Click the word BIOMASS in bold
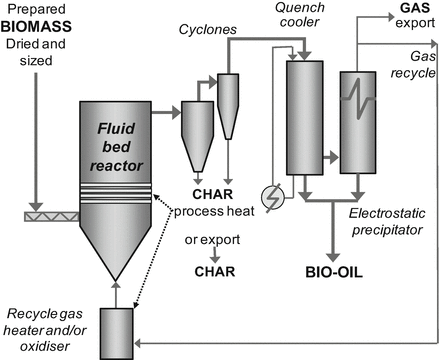click(x=36, y=27)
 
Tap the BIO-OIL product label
click(x=334, y=272)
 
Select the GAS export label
click(x=415, y=15)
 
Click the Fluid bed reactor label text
click(x=116, y=147)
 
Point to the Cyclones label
click(x=208, y=30)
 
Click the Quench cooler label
click(x=300, y=15)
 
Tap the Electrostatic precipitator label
click(x=387, y=222)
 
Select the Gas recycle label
click(x=413, y=64)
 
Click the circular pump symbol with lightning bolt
click(x=273, y=198)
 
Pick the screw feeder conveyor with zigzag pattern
click(x=52, y=217)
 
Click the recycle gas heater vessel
click(x=117, y=334)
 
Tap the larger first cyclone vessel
click(x=198, y=136)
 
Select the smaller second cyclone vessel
click(x=228, y=106)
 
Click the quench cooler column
click(x=305, y=118)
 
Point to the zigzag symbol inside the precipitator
click(x=358, y=98)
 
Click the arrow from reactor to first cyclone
click(x=166, y=113)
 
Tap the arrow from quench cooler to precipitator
click(x=331, y=157)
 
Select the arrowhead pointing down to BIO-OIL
click(x=333, y=257)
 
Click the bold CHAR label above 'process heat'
click(x=213, y=194)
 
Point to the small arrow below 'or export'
click(x=215, y=255)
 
